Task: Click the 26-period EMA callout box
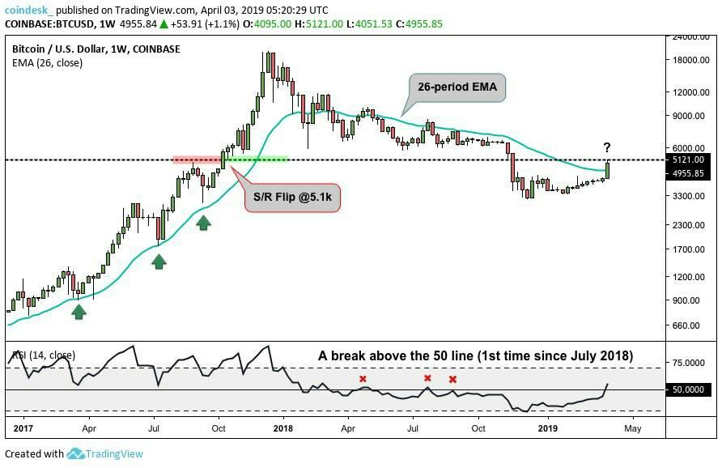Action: pos(457,87)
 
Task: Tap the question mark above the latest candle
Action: pos(606,147)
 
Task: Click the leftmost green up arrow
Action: pos(79,311)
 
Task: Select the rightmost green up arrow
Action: pos(203,221)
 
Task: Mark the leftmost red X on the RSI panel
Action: pos(363,379)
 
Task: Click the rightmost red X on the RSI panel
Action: pos(452,379)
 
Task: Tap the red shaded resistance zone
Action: pos(196,160)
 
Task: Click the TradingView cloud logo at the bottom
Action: pos(75,453)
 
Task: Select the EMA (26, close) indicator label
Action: pos(48,63)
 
